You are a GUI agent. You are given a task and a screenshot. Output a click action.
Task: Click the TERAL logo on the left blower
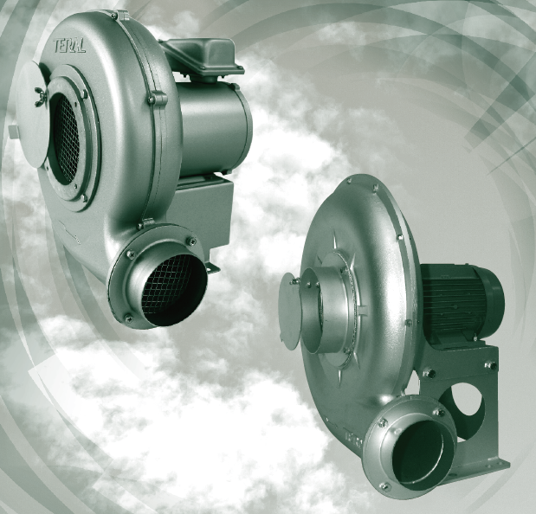pos(69,45)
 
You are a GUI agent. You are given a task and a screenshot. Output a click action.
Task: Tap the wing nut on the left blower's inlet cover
pos(41,97)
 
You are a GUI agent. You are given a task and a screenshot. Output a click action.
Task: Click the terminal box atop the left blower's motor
pos(203,57)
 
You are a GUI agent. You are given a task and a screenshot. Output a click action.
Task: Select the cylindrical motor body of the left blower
pos(215,129)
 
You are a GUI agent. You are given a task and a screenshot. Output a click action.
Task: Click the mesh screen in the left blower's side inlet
pos(66,139)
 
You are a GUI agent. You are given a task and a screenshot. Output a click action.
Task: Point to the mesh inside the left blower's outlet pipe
pos(167,286)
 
